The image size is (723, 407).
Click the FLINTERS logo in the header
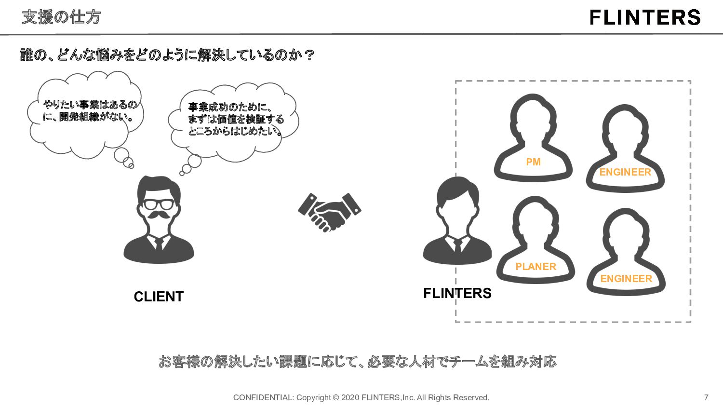pos(645,17)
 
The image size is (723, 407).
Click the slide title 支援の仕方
pos(61,17)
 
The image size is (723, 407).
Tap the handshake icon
pos(330,211)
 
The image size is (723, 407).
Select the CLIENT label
pos(159,297)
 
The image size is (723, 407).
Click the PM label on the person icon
pos(533,162)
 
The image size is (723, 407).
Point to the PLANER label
pos(536,267)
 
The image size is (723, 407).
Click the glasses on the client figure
pos(159,204)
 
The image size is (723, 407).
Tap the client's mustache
pos(159,214)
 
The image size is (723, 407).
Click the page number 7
pos(706,397)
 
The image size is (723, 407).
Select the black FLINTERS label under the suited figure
pos(457,293)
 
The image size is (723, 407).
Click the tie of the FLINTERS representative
pos(457,245)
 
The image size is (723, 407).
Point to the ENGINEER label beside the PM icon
pos(625,172)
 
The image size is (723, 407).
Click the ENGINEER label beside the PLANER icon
pos(626,279)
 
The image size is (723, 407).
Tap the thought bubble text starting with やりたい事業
pos(89,110)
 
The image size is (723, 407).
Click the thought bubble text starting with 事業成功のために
pos(235,119)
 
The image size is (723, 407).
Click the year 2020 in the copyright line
pos(350,397)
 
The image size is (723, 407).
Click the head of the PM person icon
pos(533,121)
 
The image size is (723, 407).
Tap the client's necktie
pos(159,244)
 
